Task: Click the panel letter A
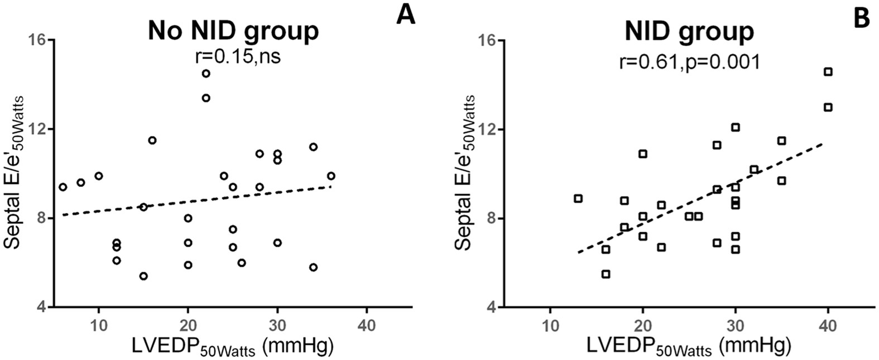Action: click(x=406, y=15)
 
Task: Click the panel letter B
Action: click(x=862, y=18)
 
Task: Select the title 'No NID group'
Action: click(x=233, y=31)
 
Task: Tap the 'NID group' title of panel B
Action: click(x=689, y=31)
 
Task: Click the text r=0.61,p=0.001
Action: click(x=689, y=61)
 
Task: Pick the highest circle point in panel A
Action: click(x=206, y=74)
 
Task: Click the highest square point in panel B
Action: click(x=828, y=71)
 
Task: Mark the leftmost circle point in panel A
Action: click(x=63, y=187)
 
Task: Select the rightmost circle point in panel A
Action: click(x=331, y=176)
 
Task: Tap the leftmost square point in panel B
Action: click(x=578, y=199)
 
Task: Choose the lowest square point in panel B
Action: click(x=606, y=274)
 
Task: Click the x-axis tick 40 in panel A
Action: click(x=367, y=325)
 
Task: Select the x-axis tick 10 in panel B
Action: click(x=550, y=325)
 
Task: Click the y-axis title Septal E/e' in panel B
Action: click(x=465, y=173)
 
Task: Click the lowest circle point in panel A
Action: click(x=143, y=276)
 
